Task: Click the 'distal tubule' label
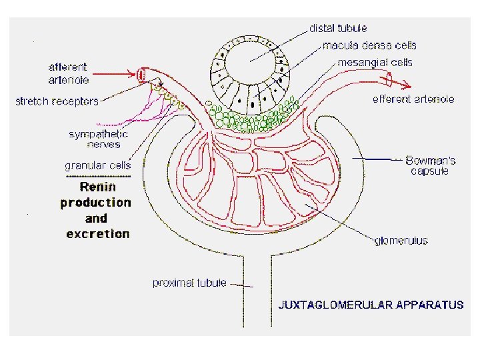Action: (x=338, y=28)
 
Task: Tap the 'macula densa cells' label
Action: (x=369, y=45)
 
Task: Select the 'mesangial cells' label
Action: (x=375, y=63)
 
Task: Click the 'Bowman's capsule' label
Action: (x=433, y=165)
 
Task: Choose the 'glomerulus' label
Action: (x=401, y=240)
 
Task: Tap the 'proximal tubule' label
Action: (x=190, y=283)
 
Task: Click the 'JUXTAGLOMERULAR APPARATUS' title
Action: (x=370, y=305)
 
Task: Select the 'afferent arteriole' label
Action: (x=69, y=73)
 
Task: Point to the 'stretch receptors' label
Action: (x=57, y=101)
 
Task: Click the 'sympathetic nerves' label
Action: (x=99, y=139)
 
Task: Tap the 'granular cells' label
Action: (x=97, y=165)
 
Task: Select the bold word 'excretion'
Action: (x=98, y=233)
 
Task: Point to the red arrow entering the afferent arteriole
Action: (x=123, y=75)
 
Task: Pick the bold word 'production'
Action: (x=96, y=202)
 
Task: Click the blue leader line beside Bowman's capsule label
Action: (x=380, y=159)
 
